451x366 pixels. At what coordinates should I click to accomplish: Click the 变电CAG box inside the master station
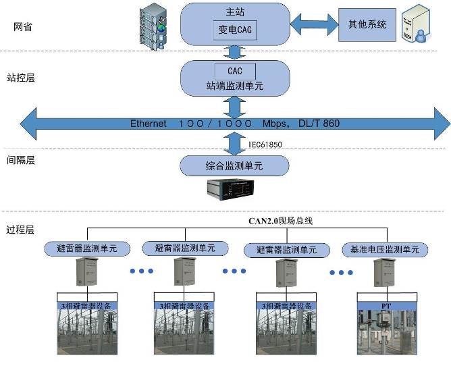tap(234, 30)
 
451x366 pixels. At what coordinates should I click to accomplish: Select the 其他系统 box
tap(367, 24)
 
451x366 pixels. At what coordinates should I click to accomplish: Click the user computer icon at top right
tap(418, 26)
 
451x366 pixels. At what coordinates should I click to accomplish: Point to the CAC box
tap(234, 71)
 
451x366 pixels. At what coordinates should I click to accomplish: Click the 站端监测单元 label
tap(234, 86)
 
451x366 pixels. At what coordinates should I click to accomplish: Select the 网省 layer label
tap(23, 27)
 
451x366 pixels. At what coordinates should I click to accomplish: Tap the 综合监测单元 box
tap(234, 165)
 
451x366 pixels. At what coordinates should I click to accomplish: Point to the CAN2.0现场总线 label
tap(280, 220)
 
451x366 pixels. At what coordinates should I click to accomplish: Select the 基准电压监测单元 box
tap(385, 249)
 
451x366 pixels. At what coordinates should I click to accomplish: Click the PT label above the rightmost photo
tap(386, 306)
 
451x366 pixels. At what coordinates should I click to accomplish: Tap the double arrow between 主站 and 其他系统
tap(313, 24)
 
